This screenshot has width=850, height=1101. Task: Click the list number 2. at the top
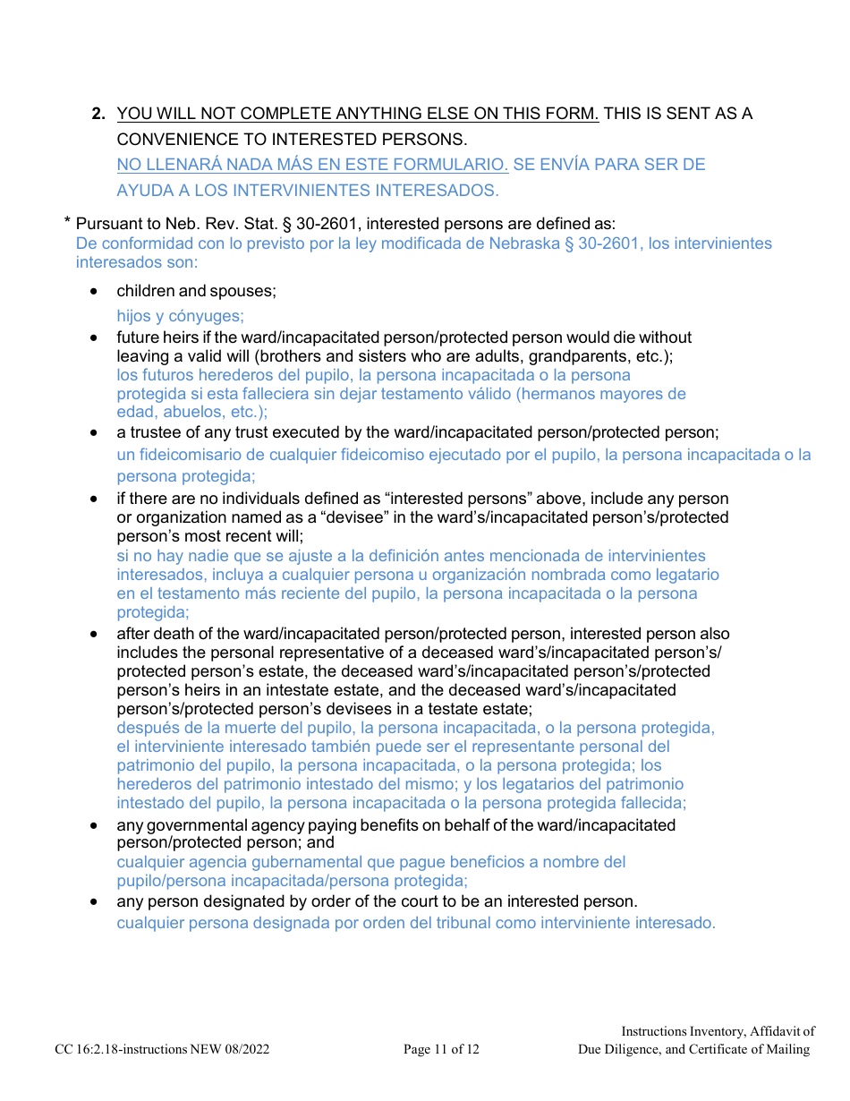[x=100, y=114]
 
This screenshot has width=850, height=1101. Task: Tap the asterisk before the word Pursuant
[x=66, y=222]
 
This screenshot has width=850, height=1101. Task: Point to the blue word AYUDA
[x=141, y=191]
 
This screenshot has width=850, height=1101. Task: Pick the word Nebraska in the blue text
[x=531, y=243]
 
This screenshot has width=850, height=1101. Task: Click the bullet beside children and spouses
[x=94, y=291]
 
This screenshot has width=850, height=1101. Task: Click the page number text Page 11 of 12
[x=441, y=1049]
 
